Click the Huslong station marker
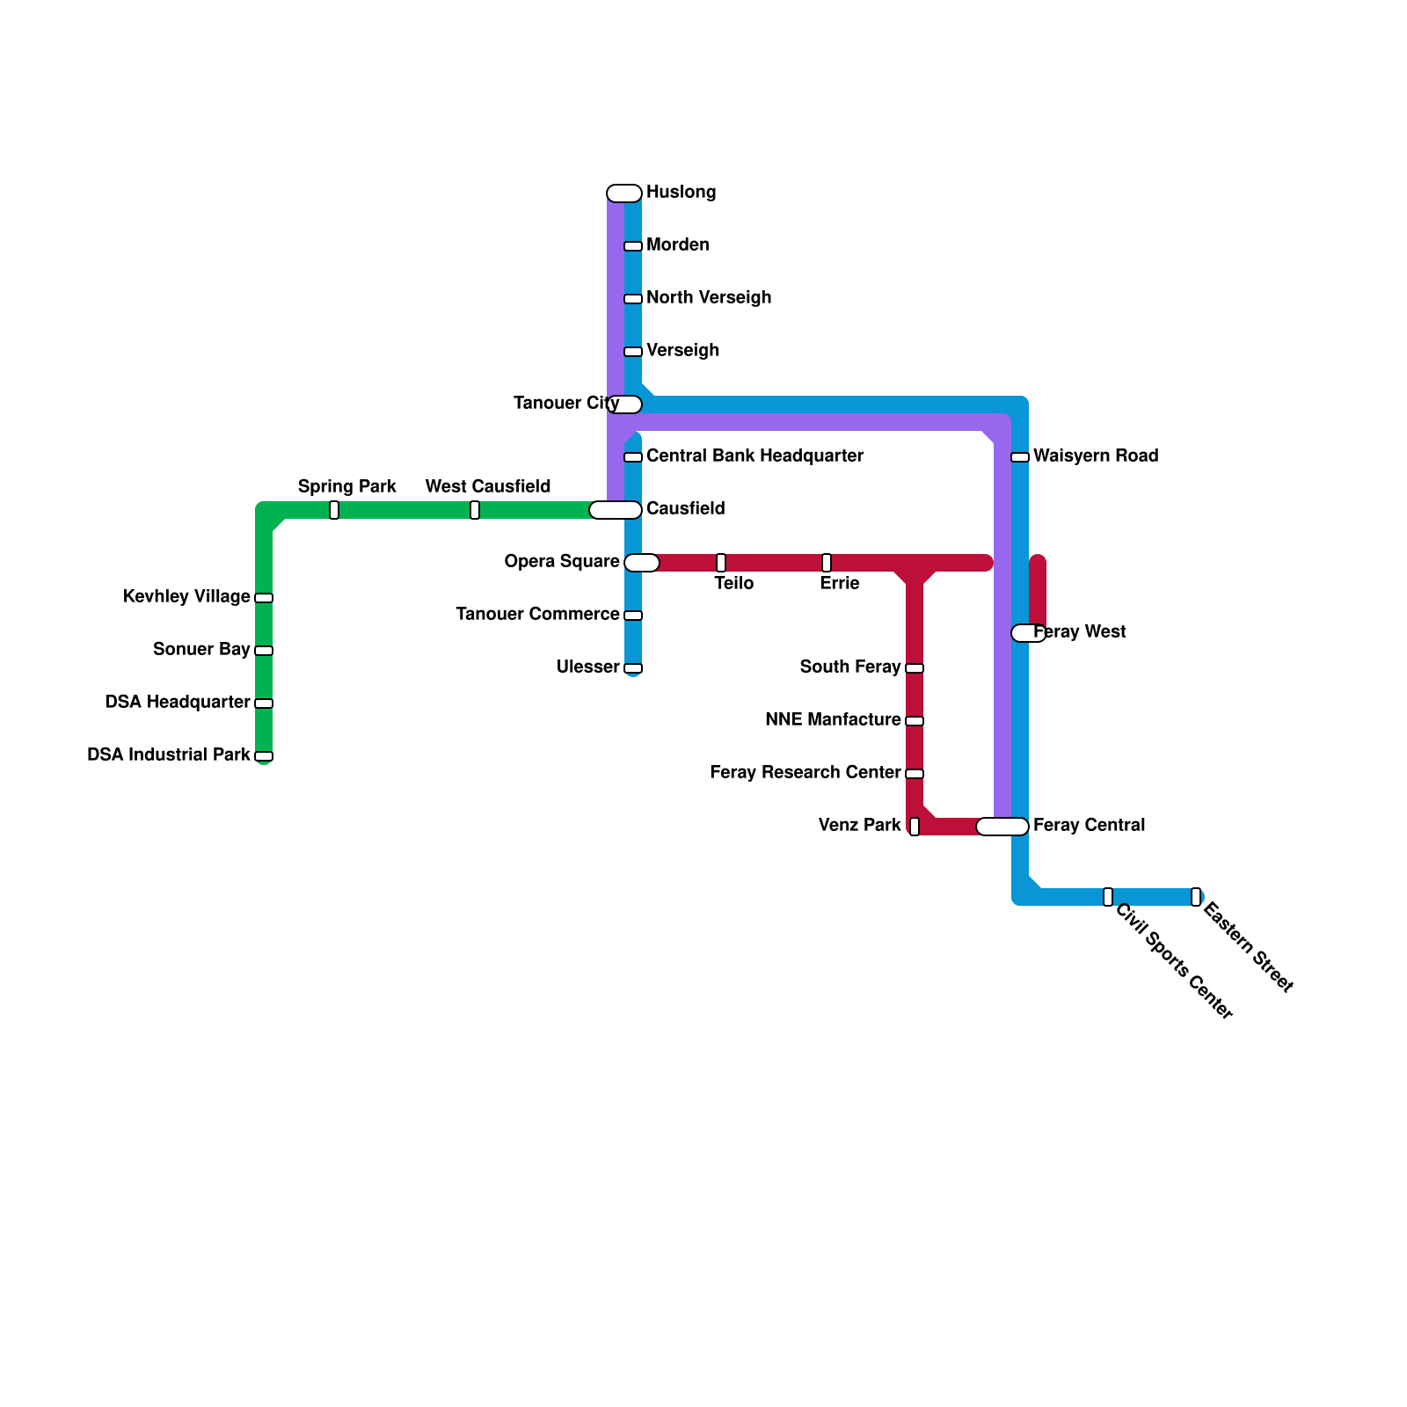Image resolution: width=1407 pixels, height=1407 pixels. click(624, 193)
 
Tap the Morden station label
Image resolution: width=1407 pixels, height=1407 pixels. click(677, 245)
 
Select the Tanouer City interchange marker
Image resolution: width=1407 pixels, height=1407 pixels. click(624, 405)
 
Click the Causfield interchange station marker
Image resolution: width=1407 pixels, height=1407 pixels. click(616, 510)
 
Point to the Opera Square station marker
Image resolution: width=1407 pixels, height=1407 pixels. click(642, 563)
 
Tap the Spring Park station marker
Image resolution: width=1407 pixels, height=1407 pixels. click(334, 510)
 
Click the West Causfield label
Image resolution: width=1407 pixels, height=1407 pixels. click(488, 487)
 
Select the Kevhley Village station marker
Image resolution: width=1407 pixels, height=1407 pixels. click(264, 598)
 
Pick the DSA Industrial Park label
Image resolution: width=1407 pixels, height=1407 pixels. click(169, 755)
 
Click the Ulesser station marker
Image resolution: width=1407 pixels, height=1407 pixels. click(633, 668)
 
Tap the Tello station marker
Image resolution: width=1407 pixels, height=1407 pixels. click(721, 563)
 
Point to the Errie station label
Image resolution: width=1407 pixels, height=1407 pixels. click(840, 584)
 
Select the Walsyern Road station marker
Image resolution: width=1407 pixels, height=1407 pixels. click(1020, 457)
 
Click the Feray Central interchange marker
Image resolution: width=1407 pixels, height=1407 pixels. click(1002, 827)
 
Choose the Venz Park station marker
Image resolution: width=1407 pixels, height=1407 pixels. click(915, 827)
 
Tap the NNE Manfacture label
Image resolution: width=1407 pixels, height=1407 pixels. click(833, 720)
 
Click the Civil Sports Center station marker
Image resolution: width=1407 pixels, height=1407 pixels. click(1108, 897)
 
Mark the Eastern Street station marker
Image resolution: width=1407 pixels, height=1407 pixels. click(1196, 897)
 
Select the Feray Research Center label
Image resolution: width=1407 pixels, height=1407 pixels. click(805, 773)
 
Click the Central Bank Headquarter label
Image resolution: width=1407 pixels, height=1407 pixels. click(755, 456)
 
